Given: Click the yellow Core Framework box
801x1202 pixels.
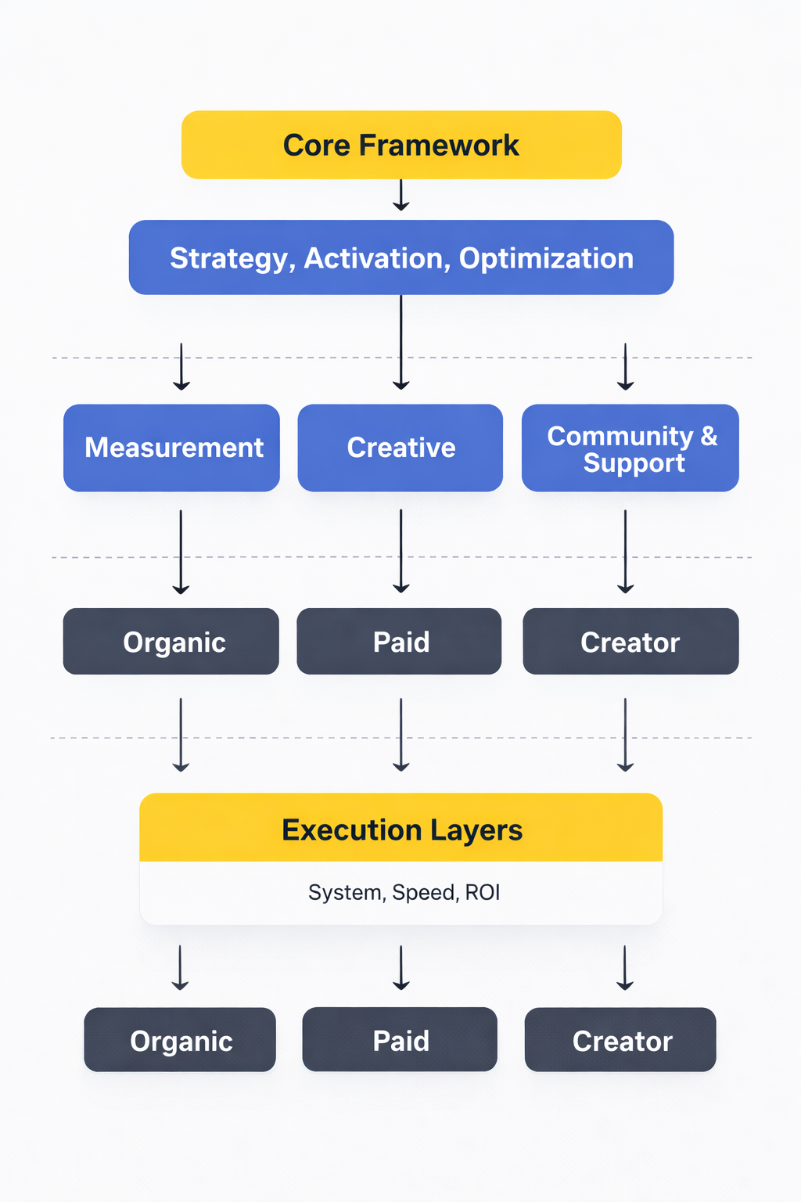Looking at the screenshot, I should pos(401,145).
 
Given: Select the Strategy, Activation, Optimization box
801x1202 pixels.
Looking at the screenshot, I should pos(401,257).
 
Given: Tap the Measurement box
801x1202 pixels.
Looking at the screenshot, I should pos(172,448).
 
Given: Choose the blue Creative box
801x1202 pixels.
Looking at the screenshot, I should pos(400,448).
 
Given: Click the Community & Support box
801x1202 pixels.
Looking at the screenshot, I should pos(630,448).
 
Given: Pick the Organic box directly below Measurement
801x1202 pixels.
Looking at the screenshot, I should pos(171,642).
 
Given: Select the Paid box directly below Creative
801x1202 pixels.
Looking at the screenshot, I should pos(400,642).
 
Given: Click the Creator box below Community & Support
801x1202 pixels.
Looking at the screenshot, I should pos(630,642).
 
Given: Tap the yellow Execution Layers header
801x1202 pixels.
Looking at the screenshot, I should pos(401,829).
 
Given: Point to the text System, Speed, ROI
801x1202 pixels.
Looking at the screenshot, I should pos(404,893).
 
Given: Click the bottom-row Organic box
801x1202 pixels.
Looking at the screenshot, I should pos(180,1040).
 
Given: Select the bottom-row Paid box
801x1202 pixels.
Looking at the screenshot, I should pos(400,1040).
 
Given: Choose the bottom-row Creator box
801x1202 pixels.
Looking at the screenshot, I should pos(621,1040).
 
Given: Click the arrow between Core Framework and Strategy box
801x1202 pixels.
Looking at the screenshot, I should pos(401,196).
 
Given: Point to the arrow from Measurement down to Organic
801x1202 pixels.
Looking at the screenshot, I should pos(181,552).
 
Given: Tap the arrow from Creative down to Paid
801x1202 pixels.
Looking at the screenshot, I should pos(401,552).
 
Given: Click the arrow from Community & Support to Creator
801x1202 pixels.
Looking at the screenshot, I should pos(625,552).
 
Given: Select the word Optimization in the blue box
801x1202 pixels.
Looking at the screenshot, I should pos(546,258).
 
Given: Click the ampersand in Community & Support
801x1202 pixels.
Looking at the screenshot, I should pos(709,436).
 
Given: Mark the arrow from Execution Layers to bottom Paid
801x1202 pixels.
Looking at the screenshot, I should pos(401,968).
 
